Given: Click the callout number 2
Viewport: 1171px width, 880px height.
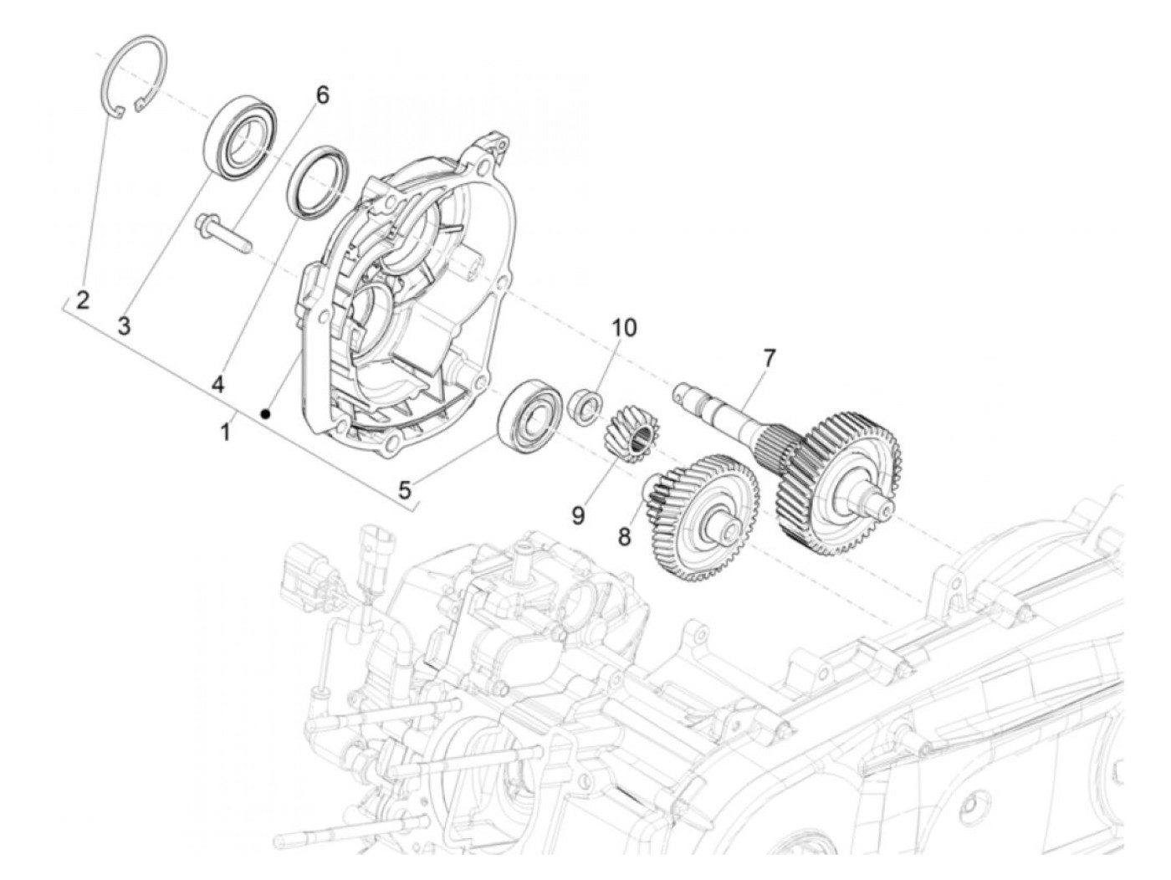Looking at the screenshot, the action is tap(82, 301).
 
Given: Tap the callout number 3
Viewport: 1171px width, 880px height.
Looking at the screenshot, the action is tap(124, 326).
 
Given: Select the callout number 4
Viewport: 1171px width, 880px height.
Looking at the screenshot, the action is tap(217, 383).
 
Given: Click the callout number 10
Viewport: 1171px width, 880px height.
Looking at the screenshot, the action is tap(623, 327).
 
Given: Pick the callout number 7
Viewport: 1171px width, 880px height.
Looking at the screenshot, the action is tap(767, 358).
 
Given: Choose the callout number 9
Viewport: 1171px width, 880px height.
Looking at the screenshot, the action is tap(578, 515).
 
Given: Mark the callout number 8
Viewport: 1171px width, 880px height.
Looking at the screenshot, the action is tap(624, 536).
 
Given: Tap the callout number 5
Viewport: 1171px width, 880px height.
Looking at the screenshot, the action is tap(405, 490).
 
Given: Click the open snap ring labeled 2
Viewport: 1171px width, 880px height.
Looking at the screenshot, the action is tap(135, 74).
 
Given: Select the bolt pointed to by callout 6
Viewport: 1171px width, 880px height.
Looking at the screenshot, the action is tap(224, 233).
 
